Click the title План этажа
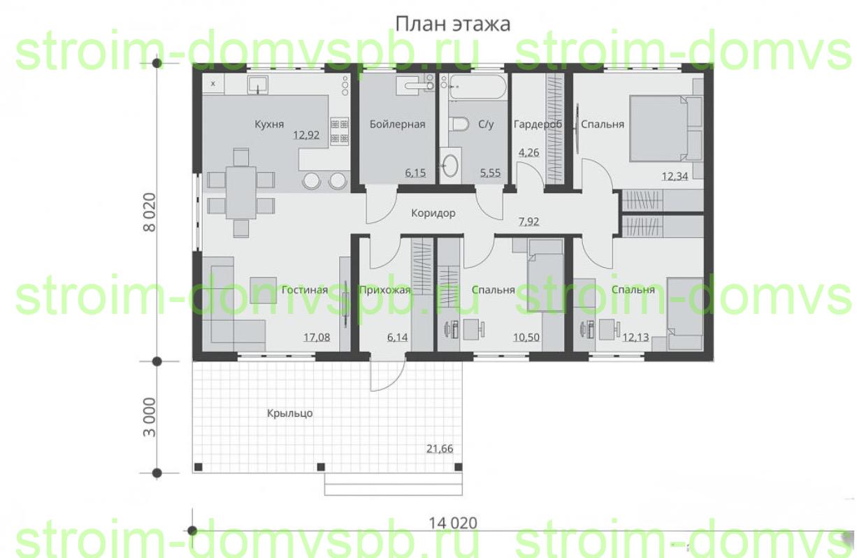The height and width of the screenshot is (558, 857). click(452, 24)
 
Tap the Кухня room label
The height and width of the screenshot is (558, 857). click(269, 124)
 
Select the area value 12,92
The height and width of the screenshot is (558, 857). click(306, 135)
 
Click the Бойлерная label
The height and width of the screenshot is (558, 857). click(397, 124)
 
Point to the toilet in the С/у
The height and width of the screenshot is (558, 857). click(459, 124)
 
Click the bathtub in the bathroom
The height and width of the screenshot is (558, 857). click(478, 87)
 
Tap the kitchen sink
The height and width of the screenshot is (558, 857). click(257, 84)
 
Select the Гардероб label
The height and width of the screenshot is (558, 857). click(538, 124)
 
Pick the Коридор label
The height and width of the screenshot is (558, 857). click(433, 213)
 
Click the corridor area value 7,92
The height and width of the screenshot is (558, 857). click(528, 222)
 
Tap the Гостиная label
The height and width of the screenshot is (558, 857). click(305, 289)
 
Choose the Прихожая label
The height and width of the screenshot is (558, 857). click(385, 290)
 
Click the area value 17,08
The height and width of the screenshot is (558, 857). click(317, 337)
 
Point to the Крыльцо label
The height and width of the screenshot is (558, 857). click(289, 413)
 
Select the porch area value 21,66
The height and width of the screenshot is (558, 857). click(440, 448)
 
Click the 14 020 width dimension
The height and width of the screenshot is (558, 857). click(453, 523)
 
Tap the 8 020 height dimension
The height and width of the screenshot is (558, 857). click(150, 213)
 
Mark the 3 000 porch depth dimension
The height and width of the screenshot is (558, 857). click(150, 417)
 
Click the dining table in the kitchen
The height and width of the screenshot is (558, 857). click(240, 192)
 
